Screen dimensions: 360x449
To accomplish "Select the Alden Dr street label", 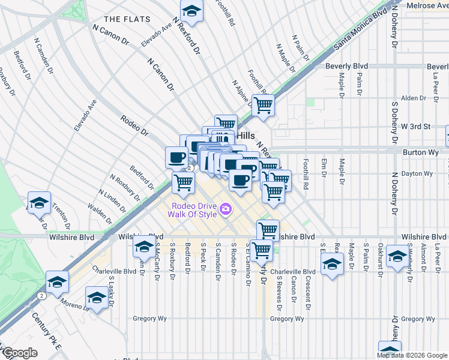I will pos(413,98).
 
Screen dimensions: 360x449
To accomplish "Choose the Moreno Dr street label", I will pos(74,305).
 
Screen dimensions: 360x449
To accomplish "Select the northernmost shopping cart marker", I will pos(263,106).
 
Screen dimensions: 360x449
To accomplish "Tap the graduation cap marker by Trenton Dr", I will pos(39,203).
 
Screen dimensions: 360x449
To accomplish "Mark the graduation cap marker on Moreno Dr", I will pos(97,297).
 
